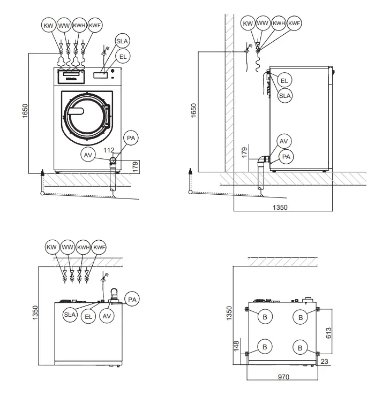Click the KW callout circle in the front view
tap(49, 24)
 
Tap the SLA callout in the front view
tap(122, 41)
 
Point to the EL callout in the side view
tap(284, 80)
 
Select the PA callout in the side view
tap(286, 157)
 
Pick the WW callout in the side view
tap(262, 24)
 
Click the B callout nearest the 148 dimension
tap(264, 347)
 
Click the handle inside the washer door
tap(75, 111)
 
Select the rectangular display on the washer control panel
tap(100, 75)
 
